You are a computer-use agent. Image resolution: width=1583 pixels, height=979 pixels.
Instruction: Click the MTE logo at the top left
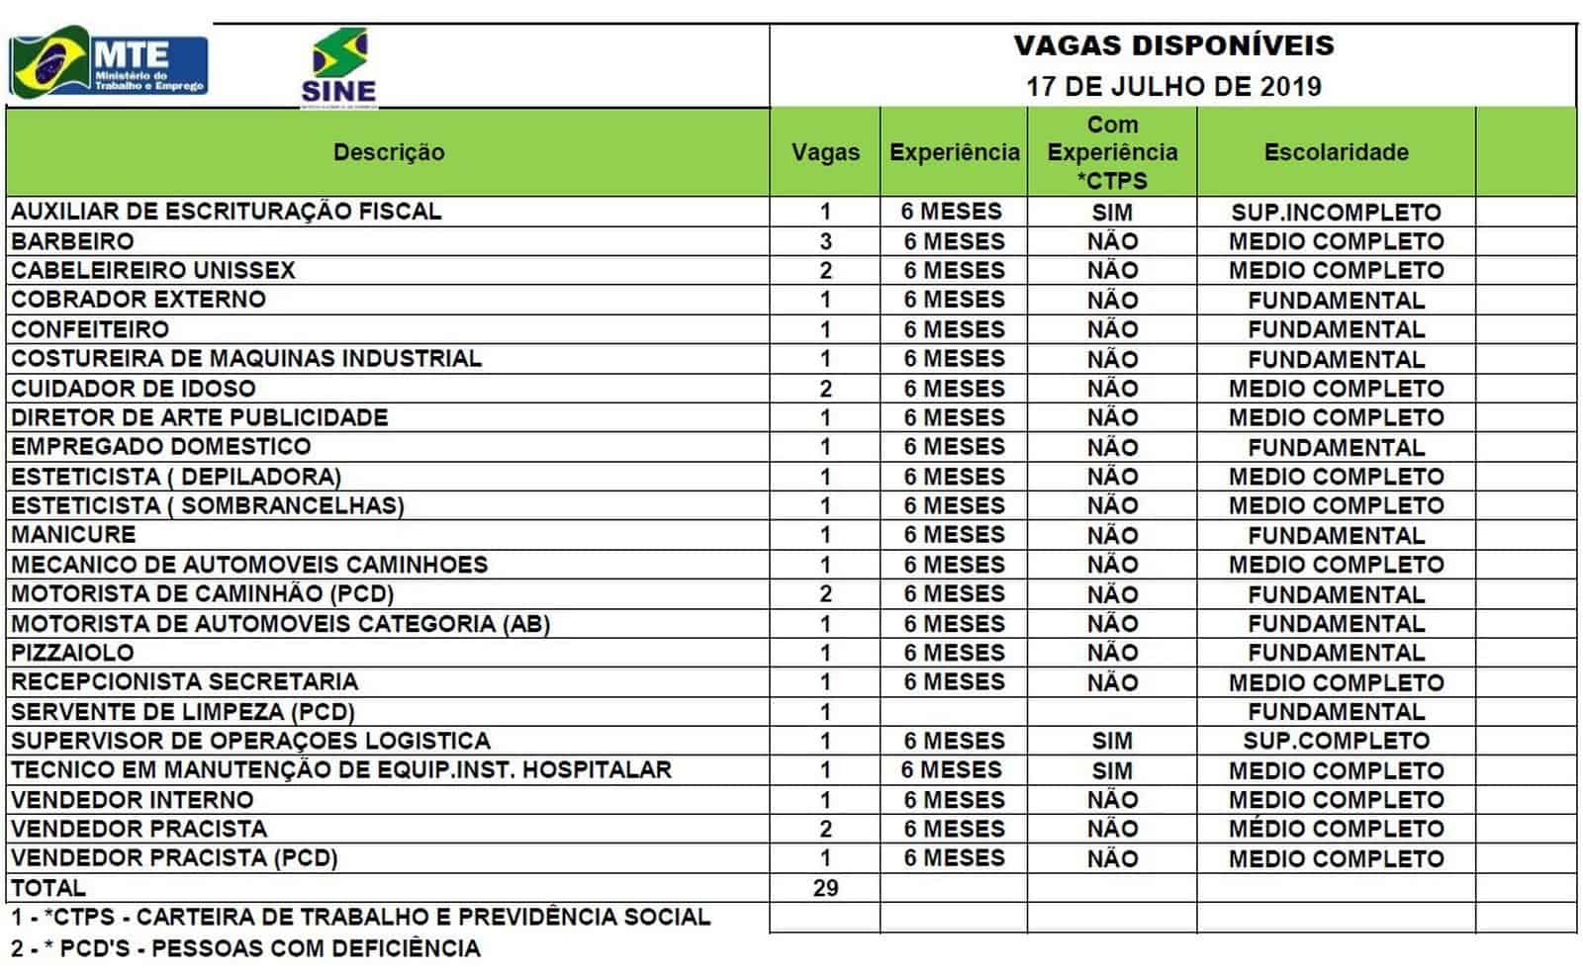coord(109,63)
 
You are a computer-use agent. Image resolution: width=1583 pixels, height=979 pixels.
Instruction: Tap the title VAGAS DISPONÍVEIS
coord(1173,45)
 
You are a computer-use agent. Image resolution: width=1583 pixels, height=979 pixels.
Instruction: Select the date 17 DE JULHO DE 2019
coord(1173,86)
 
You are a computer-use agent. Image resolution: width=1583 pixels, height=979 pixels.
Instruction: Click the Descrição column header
coord(389,152)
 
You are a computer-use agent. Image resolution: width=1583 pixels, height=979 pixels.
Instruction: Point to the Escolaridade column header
coord(1336,152)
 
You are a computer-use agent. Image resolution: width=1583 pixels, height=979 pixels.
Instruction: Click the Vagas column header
coord(825,152)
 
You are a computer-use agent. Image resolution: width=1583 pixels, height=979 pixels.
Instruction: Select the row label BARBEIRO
coord(72,241)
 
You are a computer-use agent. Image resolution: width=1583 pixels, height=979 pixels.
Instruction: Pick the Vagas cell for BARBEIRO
coord(825,241)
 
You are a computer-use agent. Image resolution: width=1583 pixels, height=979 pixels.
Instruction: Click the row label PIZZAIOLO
coord(72,653)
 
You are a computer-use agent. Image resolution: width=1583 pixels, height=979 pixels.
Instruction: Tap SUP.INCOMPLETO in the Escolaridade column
coord(1336,212)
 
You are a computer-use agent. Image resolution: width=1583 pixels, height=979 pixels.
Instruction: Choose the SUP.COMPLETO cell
coord(1336,741)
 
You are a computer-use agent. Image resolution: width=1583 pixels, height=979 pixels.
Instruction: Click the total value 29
coord(825,888)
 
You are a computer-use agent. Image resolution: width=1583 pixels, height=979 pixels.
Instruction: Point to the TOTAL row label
coord(48,888)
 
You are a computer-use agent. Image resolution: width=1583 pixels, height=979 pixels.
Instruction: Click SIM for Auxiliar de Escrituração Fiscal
coord(1112,212)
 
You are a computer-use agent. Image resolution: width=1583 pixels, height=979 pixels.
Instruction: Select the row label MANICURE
coord(73,535)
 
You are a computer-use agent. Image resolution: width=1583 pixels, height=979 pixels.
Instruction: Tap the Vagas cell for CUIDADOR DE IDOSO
coord(825,389)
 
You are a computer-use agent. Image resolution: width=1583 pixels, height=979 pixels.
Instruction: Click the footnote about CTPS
coord(361,917)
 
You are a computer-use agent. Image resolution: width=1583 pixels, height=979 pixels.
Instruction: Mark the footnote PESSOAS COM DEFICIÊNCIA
coord(246,948)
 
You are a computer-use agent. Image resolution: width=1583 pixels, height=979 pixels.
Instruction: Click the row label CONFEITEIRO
coord(90,329)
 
